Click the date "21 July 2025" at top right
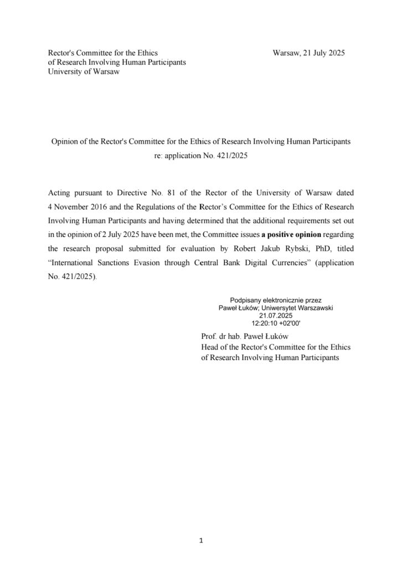coord(321,53)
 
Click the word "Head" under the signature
coord(210,347)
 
